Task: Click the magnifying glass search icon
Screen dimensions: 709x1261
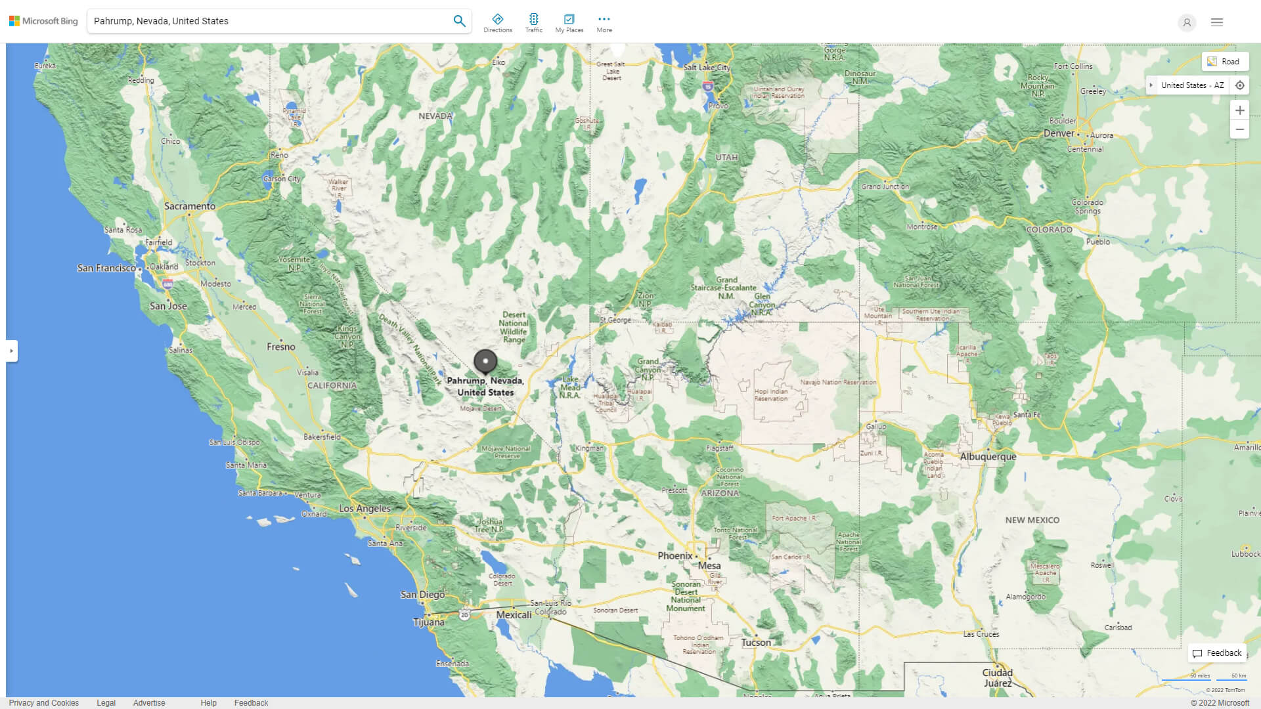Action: pyautogui.click(x=459, y=21)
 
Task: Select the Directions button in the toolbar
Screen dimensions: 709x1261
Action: pyautogui.click(x=497, y=23)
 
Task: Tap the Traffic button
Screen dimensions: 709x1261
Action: pyautogui.click(x=533, y=23)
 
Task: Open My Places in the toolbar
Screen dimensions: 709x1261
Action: pyautogui.click(x=569, y=23)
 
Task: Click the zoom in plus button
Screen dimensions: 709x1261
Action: pyautogui.click(x=1239, y=110)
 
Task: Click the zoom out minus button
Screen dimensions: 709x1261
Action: pyautogui.click(x=1239, y=129)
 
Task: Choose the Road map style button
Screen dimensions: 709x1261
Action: pyautogui.click(x=1225, y=62)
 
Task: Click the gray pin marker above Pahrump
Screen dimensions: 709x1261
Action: pyautogui.click(x=485, y=361)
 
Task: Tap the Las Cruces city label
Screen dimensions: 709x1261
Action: pyautogui.click(x=981, y=634)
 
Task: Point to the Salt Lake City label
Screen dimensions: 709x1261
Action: pyautogui.click(x=706, y=68)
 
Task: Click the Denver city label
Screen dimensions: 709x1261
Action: pyautogui.click(x=1059, y=133)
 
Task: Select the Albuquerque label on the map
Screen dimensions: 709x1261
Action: pyautogui.click(x=987, y=456)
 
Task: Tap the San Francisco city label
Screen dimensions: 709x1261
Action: pyautogui.click(x=106, y=268)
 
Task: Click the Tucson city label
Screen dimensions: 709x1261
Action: pyautogui.click(x=756, y=643)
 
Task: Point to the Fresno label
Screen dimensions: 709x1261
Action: pyautogui.click(x=281, y=347)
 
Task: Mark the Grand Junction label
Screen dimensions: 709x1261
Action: pyautogui.click(x=885, y=186)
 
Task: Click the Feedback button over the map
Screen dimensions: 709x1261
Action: pyautogui.click(x=1217, y=653)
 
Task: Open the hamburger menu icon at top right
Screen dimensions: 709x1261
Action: pyautogui.click(x=1216, y=22)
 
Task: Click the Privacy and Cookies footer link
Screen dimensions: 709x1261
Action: pyautogui.click(x=44, y=703)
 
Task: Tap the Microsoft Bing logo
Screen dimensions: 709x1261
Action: pyautogui.click(x=43, y=21)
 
